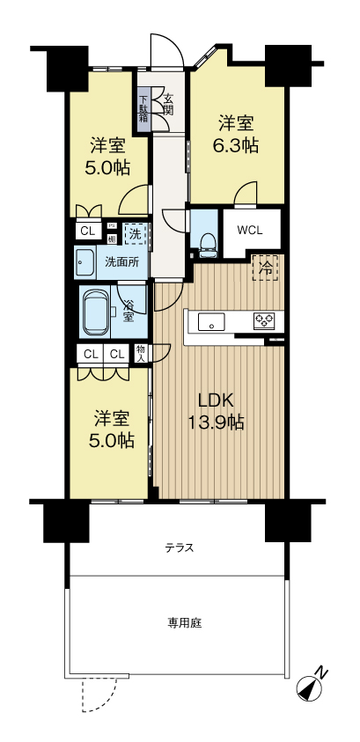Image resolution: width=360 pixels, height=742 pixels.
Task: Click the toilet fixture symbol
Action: pos(205,243)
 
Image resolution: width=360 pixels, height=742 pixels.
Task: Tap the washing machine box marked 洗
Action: pos(135,234)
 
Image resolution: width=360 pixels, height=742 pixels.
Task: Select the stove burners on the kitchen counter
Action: pos(265,321)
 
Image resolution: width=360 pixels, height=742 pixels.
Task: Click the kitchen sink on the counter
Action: pos(212,321)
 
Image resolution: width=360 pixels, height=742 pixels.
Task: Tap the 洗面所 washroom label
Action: pos(121,261)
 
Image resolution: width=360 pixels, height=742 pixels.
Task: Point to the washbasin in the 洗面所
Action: pos(85,261)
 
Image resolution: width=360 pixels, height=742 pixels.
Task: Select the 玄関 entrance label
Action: pos(167,106)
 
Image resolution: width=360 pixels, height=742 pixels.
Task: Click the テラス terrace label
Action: pos(179,547)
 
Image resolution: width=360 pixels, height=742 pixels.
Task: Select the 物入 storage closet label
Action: pos(141,353)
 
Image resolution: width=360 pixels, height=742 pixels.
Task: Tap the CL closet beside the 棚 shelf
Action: pos(87,231)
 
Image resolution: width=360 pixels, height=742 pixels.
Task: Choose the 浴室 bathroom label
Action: pos(129,312)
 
